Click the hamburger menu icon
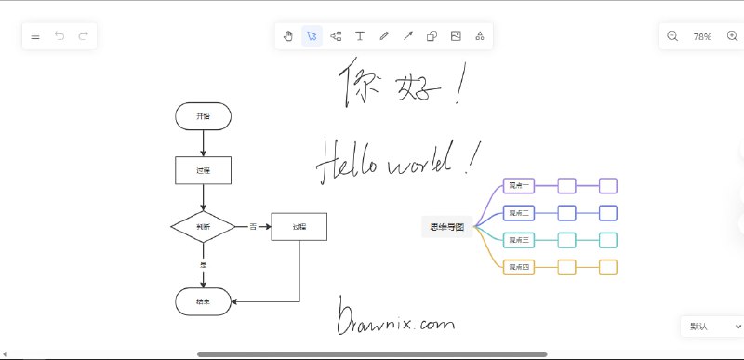pyautogui.click(x=35, y=36)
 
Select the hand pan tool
pyautogui.click(x=288, y=36)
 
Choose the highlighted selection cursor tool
pyautogui.click(x=312, y=36)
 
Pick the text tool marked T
pyautogui.click(x=360, y=36)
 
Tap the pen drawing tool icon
pyautogui.click(x=384, y=36)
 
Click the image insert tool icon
pyautogui.click(x=456, y=36)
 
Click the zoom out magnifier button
pyautogui.click(x=673, y=36)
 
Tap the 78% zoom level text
pyautogui.click(x=702, y=36)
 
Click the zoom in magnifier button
pyautogui.click(x=732, y=36)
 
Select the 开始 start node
pyautogui.click(x=203, y=116)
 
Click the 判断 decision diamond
pyautogui.click(x=203, y=226)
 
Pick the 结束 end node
pyautogui.click(x=203, y=301)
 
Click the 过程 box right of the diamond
pyautogui.click(x=299, y=226)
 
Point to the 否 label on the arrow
pyautogui.click(x=252, y=226)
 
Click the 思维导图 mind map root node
pyautogui.click(x=446, y=226)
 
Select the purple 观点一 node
pyautogui.click(x=518, y=185)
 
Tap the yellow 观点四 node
pyautogui.click(x=518, y=268)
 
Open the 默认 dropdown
pyautogui.click(x=711, y=327)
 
